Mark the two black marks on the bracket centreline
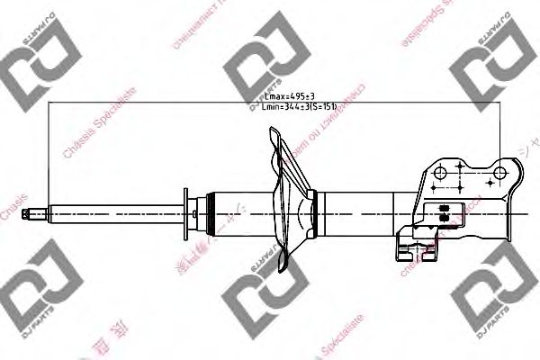[x=443, y=211]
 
